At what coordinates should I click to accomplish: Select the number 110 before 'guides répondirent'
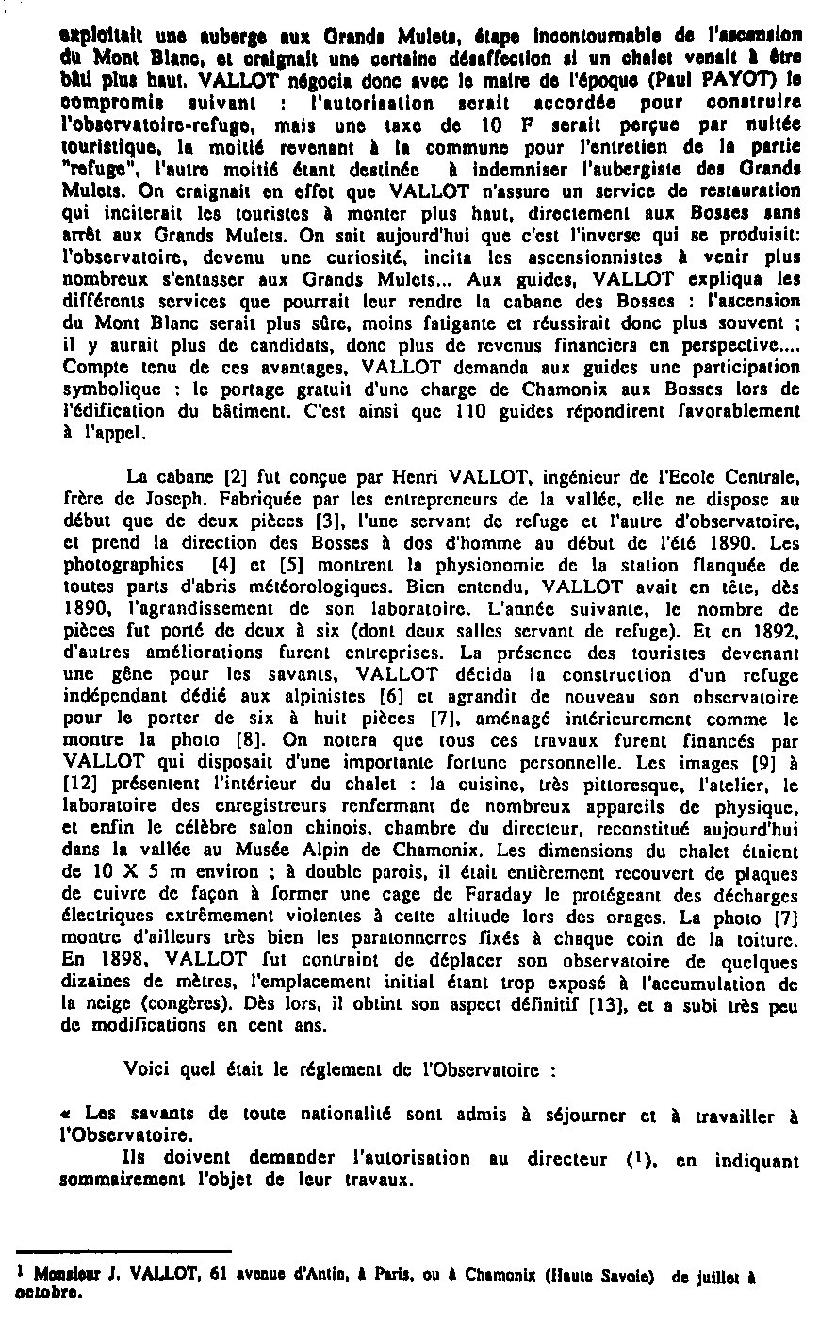pyautogui.click(x=470, y=410)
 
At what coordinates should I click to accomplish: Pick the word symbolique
pyautogui.click(x=100, y=389)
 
